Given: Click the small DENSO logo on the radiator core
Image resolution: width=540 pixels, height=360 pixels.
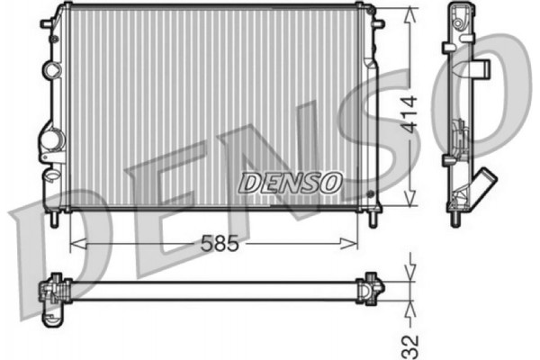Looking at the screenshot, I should tap(291, 182).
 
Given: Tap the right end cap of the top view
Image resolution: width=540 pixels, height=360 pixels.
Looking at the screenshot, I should tap(371, 288).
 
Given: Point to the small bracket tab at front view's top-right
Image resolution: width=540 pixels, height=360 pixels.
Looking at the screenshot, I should tap(368, 11).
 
